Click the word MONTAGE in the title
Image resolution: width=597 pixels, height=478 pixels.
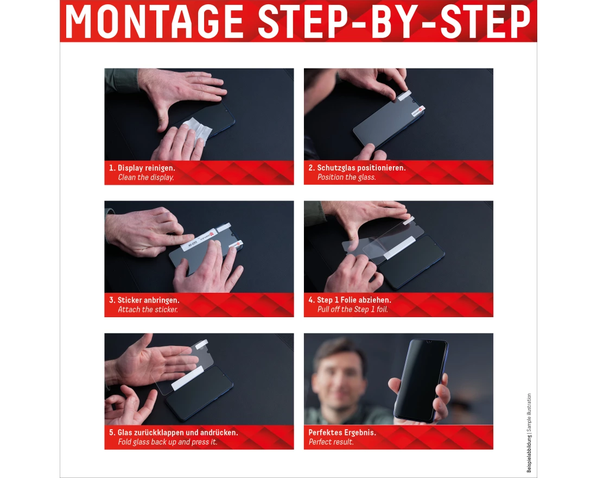155,22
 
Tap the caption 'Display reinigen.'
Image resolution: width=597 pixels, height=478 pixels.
146,168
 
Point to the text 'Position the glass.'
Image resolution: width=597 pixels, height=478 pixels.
346,178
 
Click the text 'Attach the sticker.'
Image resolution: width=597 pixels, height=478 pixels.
148,310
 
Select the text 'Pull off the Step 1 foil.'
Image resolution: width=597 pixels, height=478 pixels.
352,310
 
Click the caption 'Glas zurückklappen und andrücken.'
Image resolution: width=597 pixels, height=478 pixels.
177,432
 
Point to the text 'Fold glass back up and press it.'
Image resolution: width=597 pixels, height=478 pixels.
167,442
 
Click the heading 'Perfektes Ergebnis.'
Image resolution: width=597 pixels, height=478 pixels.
342,432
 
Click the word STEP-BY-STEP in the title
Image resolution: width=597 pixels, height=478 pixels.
393,22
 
